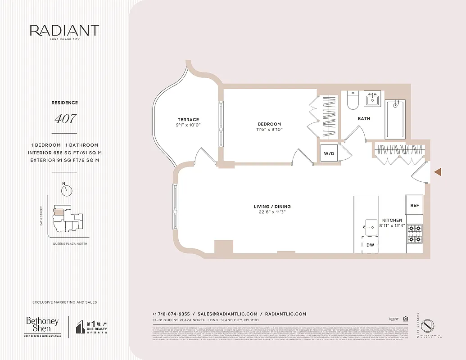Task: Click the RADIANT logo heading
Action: (x=64, y=31)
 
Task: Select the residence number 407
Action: (x=65, y=119)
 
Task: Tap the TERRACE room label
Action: (x=188, y=120)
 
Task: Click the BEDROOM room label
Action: (x=269, y=124)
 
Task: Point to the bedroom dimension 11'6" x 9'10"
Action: (x=269, y=130)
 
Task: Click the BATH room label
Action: (x=364, y=119)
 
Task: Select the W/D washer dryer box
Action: (x=329, y=153)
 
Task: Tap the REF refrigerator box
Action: (x=414, y=205)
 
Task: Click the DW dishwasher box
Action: (x=371, y=245)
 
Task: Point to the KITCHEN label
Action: (x=392, y=220)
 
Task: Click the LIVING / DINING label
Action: (x=272, y=207)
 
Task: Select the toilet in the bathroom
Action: (x=352, y=101)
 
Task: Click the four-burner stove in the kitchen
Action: (x=414, y=233)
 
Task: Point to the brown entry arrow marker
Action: (x=437, y=171)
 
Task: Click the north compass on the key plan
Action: (x=67, y=190)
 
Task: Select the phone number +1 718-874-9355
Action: (x=171, y=314)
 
